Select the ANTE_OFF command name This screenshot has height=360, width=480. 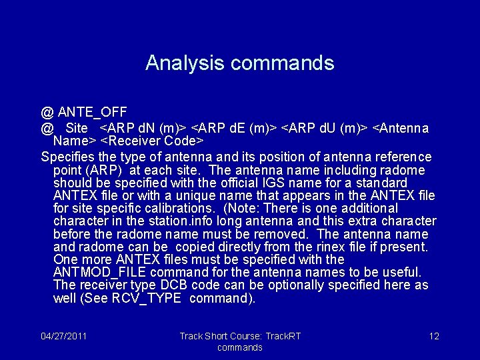point(92,111)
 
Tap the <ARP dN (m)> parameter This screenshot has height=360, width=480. point(143,127)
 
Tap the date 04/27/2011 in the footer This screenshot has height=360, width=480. point(63,335)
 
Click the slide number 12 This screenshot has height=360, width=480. point(434,335)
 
